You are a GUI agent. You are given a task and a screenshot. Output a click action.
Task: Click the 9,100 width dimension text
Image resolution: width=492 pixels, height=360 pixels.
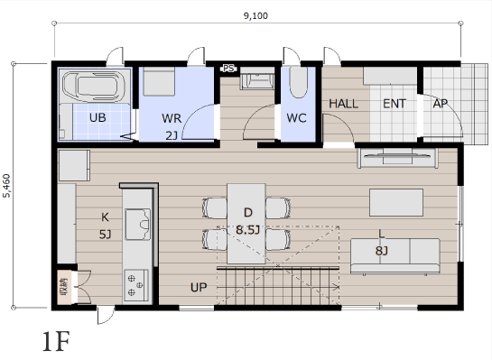(255, 15)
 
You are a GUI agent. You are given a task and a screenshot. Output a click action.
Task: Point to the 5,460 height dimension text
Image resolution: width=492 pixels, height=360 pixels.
(6, 186)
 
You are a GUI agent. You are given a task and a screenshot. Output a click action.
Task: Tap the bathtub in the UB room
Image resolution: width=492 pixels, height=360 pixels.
(93, 86)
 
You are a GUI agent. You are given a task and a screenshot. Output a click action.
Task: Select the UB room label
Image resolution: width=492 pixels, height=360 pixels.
(97, 117)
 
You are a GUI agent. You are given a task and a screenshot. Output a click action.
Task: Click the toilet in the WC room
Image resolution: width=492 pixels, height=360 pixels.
(298, 82)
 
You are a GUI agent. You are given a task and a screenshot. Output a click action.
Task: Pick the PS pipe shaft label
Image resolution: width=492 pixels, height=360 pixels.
(228, 68)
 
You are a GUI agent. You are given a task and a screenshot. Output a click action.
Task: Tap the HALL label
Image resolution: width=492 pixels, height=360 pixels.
(343, 104)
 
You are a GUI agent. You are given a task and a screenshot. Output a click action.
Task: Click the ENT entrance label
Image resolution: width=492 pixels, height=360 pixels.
(395, 104)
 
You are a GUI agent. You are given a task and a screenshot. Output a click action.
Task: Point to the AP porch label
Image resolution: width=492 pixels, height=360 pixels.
(441, 104)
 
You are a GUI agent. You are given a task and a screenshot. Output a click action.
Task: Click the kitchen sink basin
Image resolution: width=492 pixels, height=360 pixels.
(137, 225)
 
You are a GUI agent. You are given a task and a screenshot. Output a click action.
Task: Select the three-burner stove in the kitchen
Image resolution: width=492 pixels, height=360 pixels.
(136, 286)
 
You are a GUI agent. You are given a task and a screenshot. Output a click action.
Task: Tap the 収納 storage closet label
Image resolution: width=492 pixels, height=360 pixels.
(64, 287)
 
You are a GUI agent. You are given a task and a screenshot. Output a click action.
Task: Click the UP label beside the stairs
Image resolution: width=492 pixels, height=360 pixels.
(199, 287)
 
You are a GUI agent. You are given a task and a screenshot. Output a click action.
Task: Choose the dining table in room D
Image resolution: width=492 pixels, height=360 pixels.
(246, 223)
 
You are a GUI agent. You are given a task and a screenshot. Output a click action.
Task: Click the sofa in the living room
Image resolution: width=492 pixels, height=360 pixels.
(395, 256)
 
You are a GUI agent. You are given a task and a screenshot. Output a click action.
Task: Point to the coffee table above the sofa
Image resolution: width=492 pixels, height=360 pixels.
(396, 202)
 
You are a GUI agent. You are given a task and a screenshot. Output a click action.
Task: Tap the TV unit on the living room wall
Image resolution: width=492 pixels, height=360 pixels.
(397, 158)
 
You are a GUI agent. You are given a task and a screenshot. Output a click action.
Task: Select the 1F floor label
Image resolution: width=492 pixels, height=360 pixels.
(56, 341)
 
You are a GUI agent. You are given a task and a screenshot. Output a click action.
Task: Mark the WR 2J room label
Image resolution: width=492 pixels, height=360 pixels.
(172, 127)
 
